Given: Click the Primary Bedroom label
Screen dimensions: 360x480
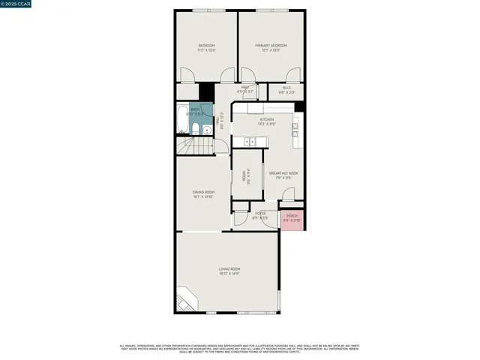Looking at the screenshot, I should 271,46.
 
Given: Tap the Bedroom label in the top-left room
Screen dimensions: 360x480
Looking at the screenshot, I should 207,46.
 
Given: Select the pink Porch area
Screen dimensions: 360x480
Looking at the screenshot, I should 292,218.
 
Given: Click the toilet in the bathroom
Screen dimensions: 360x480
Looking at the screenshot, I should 195,131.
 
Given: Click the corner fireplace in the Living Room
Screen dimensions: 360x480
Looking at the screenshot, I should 188,299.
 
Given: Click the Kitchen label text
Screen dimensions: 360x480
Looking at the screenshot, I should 266,119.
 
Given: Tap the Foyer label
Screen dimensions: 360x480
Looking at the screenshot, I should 260,214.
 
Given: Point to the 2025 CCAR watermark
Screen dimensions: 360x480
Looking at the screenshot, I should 16,5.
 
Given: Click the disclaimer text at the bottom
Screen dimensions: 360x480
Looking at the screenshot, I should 240,349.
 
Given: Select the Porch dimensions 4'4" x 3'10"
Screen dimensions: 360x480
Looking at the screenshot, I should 292,220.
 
